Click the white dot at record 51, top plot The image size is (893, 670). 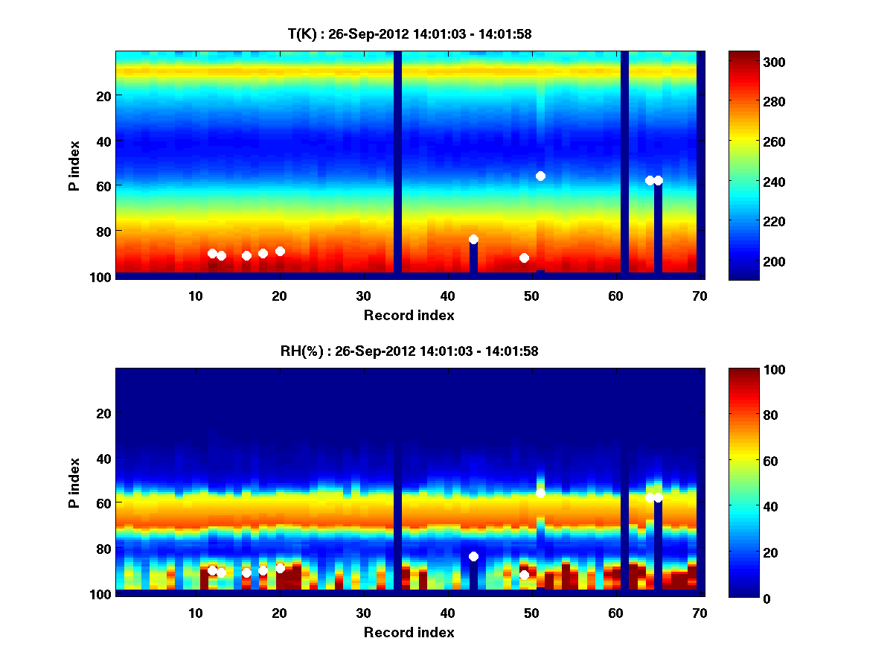[540, 176]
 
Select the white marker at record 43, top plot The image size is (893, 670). [473, 239]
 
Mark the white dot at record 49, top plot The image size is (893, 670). [524, 258]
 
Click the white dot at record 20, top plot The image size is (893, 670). [280, 251]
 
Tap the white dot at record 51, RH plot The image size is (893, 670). [540, 493]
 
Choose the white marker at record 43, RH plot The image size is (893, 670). [473, 556]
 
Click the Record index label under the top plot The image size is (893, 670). [409, 315]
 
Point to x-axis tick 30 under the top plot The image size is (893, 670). [363, 296]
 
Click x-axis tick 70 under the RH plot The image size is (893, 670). [700, 613]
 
